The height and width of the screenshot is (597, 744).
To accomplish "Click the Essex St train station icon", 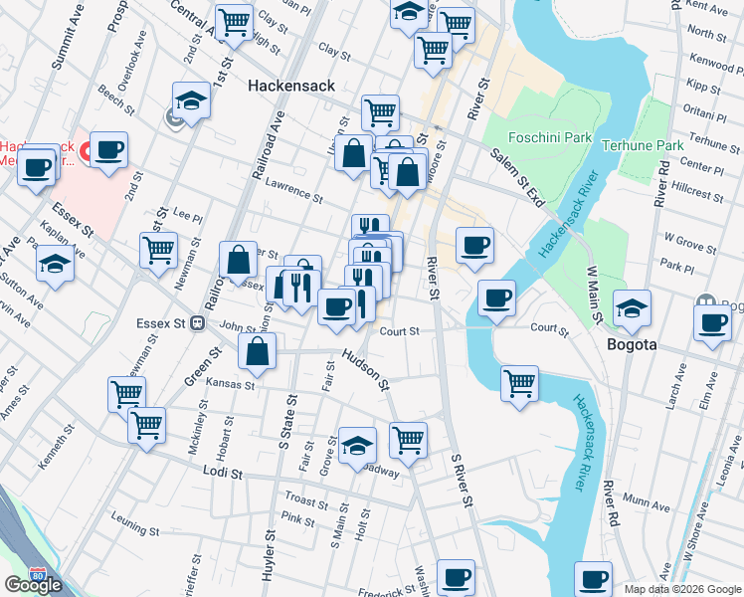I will (198, 322).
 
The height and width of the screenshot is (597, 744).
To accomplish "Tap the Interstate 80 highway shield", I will (38, 575).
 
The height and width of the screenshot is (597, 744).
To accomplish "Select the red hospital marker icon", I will (85, 152).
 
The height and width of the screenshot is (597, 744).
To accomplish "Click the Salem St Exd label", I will (518, 179).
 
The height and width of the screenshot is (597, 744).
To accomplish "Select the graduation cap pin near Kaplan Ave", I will (55, 264).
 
